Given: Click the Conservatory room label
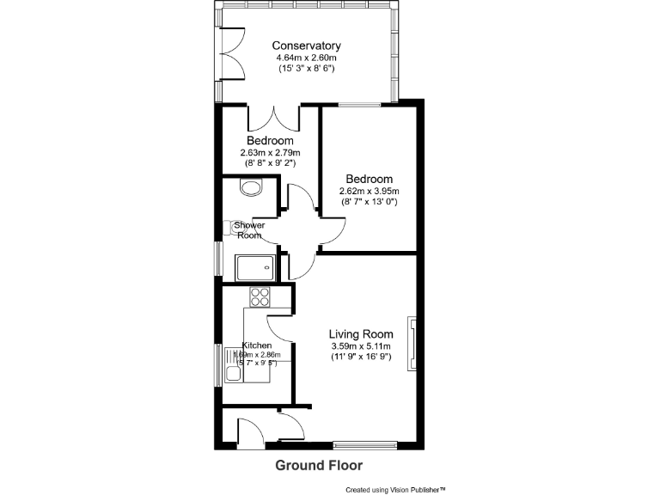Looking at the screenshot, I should pyautogui.click(x=306, y=46).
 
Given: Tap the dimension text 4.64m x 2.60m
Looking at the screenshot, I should pyautogui.click(x=306, y=58).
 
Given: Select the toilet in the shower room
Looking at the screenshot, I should pyautogui.click(x=251, y=186).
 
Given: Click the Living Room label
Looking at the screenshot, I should pyautogui.click(x=361, y=334).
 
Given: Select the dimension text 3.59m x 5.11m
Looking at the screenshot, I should pyautogui.click(x=361, y=346).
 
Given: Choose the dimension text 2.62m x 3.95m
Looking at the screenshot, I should pyautogui.click(x=370, y=192).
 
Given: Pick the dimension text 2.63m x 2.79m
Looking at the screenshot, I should pyautogui.click(x=270, y=152).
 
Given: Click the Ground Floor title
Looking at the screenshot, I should pyautogui.click(x=318, y=465).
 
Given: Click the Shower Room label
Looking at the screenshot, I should pyautogui.click(x=249, y=229).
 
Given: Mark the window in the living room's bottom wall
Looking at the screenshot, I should pyautogui.click(x=365, y=445).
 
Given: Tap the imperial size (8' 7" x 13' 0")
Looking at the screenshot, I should pyautogui.click(x=370, y=203).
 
